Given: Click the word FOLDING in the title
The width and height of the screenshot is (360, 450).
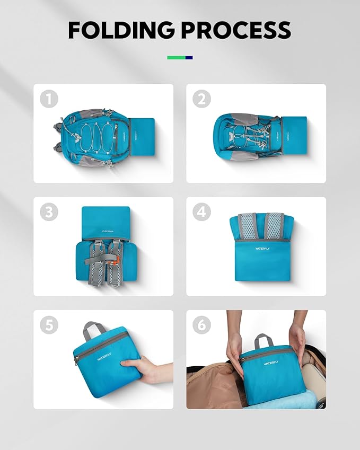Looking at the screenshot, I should click(x=120, y=30).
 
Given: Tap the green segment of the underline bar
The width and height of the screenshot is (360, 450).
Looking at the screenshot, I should click(x=176, y=57).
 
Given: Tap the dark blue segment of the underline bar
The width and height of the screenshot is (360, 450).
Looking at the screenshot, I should click(x=189, y=57).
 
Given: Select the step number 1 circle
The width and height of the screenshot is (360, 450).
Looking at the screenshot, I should click(x=49, y=99).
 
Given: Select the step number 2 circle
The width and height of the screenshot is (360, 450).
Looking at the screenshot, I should click(x=201, y=99).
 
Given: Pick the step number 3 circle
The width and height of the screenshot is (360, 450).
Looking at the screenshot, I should click(x=49, y=212).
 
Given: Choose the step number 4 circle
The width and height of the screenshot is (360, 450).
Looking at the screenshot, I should click(x=201, y=212).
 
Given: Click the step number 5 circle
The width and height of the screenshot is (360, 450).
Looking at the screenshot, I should click(x=49, y=325).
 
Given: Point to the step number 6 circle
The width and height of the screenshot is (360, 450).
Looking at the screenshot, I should click(x=201, y=325).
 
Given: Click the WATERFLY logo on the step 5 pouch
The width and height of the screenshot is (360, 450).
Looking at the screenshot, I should click(x=105, y=357).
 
